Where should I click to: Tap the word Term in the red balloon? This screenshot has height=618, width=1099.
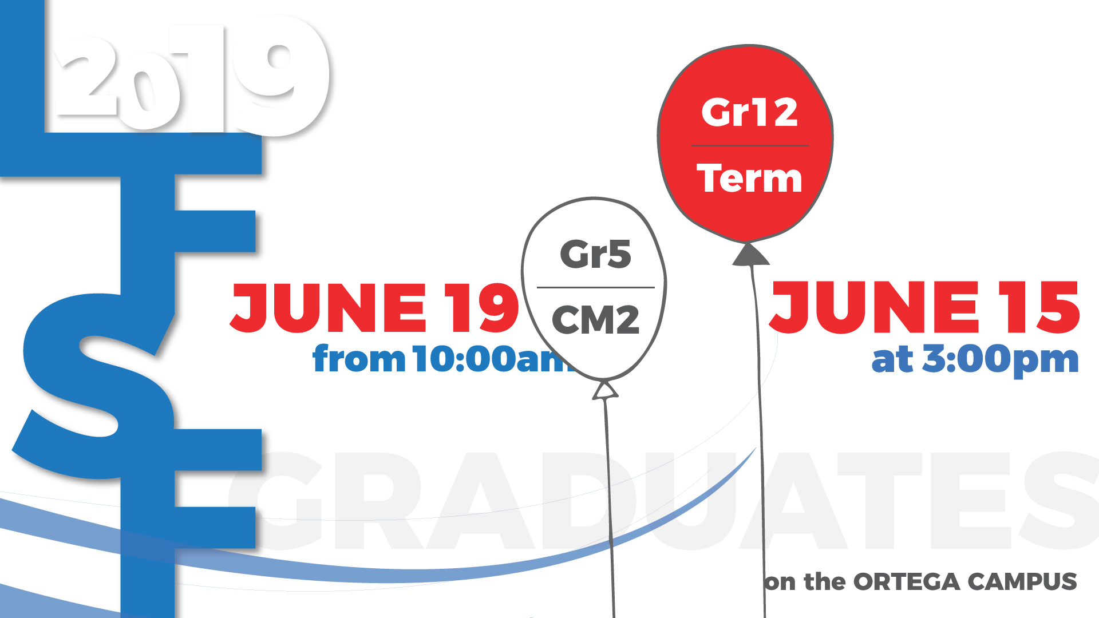[749, 178]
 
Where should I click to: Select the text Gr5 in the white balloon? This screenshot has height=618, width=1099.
[595, 254]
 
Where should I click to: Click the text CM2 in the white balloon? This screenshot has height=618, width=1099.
[595, 319]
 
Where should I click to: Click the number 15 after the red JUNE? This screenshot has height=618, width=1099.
[1039, 307]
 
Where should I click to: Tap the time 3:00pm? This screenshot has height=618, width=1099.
[1000, 359]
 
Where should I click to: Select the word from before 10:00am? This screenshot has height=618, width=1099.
[359, 359]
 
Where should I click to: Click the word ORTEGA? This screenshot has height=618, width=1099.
[906, 582]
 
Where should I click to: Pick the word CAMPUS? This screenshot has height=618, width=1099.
[1022, 581]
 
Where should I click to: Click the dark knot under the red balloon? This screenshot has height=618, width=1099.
[750, 255]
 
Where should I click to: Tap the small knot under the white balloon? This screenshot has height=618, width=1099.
[605, 390]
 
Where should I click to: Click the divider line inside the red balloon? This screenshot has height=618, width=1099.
[750, 145]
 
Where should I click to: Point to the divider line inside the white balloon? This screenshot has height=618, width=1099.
[595, 287]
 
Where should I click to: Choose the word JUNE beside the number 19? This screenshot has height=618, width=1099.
[329, 308]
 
